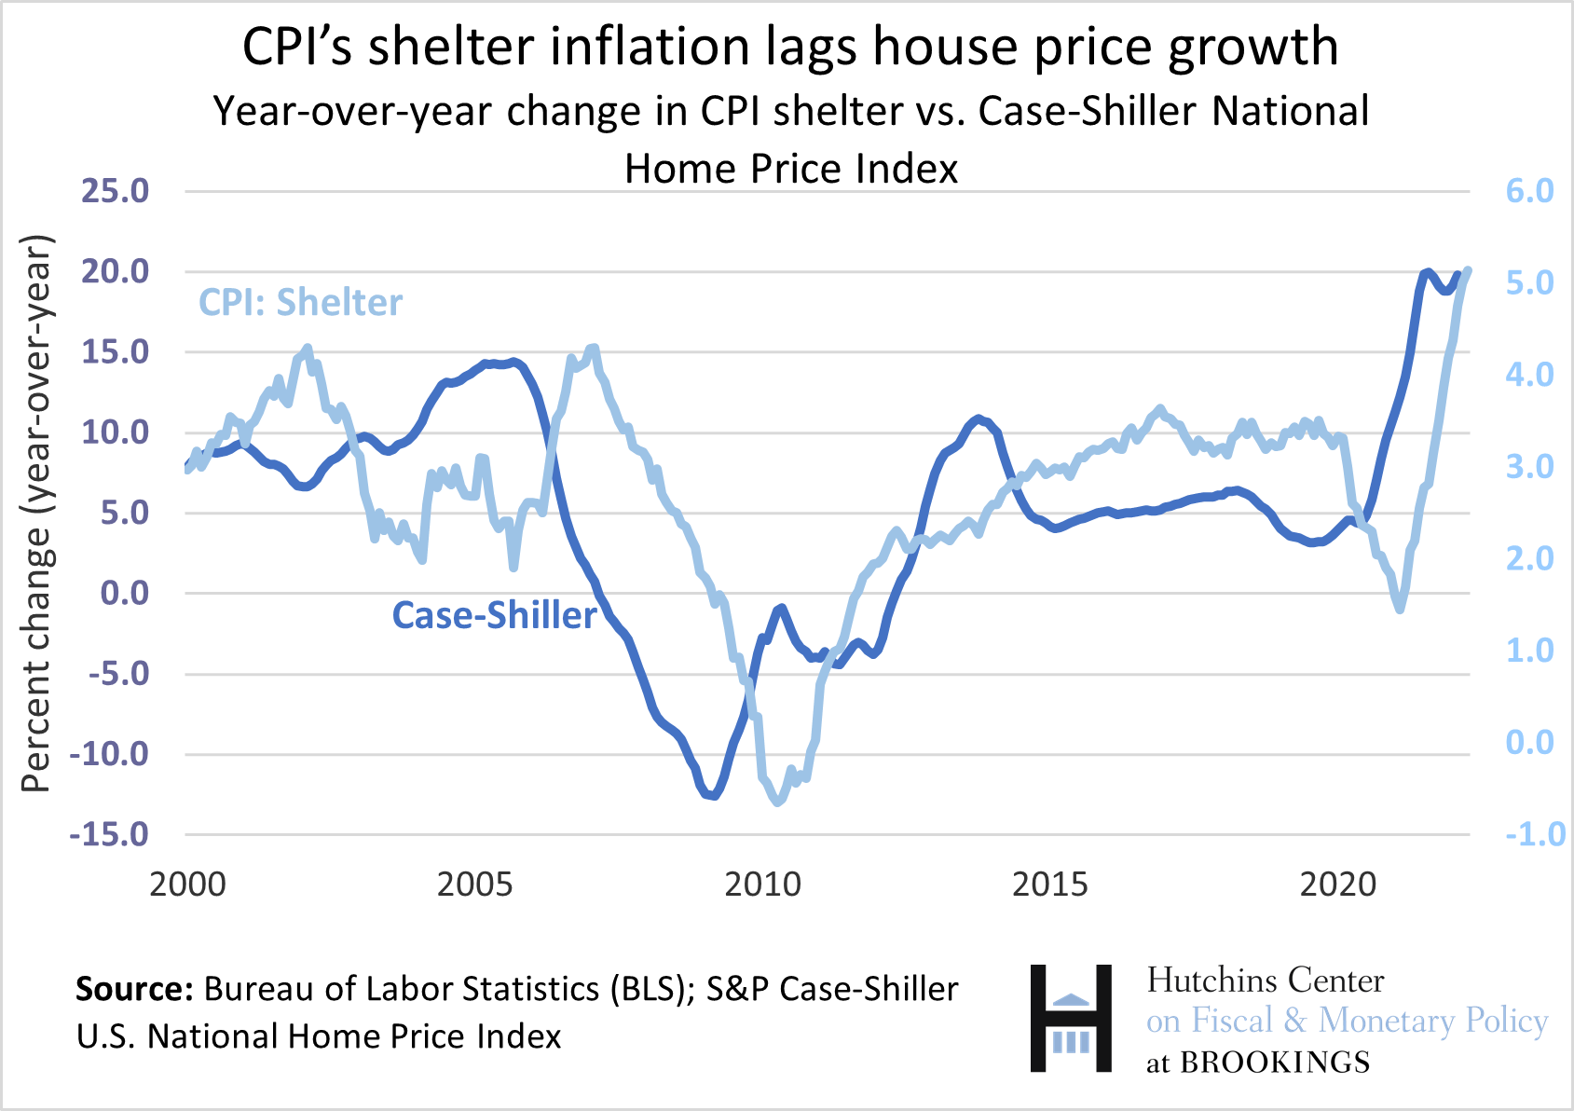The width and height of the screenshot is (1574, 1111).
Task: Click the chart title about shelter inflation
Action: coord(790,47)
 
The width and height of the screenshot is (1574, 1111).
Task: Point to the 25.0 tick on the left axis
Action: coord(116,191)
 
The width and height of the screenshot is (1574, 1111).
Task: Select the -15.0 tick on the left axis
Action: coord(109,834)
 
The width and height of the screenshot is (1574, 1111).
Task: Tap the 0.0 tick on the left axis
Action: coord(125,593)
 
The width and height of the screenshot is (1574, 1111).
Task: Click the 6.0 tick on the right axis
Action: coord(1529,191)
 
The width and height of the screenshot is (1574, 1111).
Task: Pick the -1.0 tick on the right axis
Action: coord(1534,834)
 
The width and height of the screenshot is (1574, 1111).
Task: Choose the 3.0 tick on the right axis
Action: coord(1529,466)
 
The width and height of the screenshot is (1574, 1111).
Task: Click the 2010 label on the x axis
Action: coord(762,884)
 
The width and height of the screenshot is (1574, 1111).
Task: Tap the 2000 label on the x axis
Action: coord(187,884)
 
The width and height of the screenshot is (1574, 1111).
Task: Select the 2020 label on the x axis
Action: coord(1337,884)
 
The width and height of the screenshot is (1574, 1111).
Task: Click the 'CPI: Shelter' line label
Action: coord(300,303)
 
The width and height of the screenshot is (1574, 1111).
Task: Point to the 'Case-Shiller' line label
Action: coord(494,615)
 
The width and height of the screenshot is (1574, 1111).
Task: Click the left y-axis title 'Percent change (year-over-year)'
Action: coord(37,513)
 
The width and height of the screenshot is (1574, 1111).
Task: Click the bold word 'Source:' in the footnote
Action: coord(134,989)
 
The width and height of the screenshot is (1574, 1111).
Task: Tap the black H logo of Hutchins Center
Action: coord(1071,1018)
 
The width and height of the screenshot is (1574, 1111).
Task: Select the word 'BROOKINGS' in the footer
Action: coord(1275,1063)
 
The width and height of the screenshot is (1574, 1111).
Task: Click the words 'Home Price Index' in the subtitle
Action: coord(791,170)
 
